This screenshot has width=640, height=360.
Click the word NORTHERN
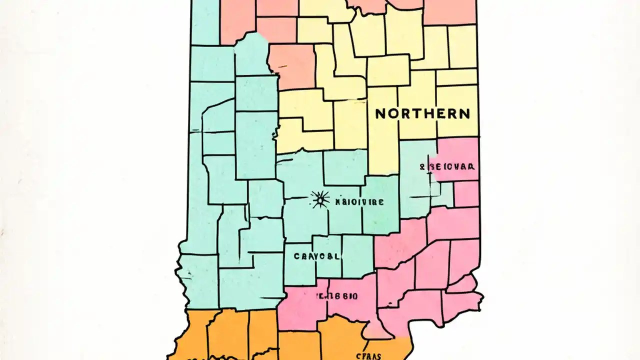click(x=422, y=113)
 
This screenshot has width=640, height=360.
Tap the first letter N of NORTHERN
click(x=380, y=113)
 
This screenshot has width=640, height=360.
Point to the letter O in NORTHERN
click(x=393, y=113)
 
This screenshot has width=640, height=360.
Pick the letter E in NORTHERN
click(x=440, y=113)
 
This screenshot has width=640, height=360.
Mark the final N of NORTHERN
click(x=464, y=113)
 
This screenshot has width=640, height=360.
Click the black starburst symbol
click(x=320, y=200)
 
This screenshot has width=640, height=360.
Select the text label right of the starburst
click(x=359, y=202)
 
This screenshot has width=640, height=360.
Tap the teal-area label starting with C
click(x=316, y=256)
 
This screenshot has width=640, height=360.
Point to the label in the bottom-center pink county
click(x=336, y=296)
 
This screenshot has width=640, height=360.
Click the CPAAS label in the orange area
click(x=369, y=356)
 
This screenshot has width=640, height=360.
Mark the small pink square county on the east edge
click(x=466, y=194)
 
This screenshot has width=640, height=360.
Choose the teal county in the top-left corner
click(x=205, y=22)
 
